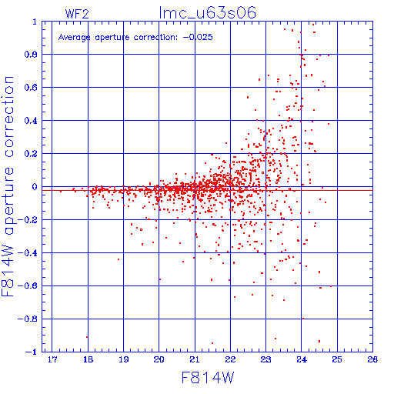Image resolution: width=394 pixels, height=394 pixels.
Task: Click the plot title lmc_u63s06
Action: coord(208,13)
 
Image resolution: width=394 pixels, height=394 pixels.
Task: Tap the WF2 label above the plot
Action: coord(77,14)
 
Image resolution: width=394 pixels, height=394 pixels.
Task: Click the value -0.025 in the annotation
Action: coord(198,37)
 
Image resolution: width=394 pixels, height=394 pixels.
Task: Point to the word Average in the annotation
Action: coord(74,38)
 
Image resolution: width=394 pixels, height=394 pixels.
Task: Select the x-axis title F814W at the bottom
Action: coord(208,378)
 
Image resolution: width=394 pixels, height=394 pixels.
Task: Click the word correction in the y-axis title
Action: coord(9,117)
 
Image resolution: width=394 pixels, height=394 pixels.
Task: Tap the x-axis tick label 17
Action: coord(52,359)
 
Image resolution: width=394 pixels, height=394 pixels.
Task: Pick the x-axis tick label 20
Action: coord(159,359)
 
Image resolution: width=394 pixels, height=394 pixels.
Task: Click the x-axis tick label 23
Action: coord(265,359)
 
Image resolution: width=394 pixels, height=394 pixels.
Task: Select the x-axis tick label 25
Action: coord(337,359)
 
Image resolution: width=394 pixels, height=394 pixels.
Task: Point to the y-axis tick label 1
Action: coord(35,22)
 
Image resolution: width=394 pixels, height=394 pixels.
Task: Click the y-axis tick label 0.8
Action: coord(31,55)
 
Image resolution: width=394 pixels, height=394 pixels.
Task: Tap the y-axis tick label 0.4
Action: coord(31,121)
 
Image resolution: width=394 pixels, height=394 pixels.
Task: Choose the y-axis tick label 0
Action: coord(35,187)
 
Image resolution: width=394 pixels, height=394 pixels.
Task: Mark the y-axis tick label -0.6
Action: coord(28,285)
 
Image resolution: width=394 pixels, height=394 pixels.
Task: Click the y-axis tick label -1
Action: coord(32,352)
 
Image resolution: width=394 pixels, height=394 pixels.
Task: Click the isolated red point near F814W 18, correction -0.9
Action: coord(87,337)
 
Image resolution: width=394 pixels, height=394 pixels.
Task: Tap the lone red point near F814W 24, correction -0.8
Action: coord(303,319)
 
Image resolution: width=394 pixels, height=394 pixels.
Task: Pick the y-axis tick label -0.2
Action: coord(28,220)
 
